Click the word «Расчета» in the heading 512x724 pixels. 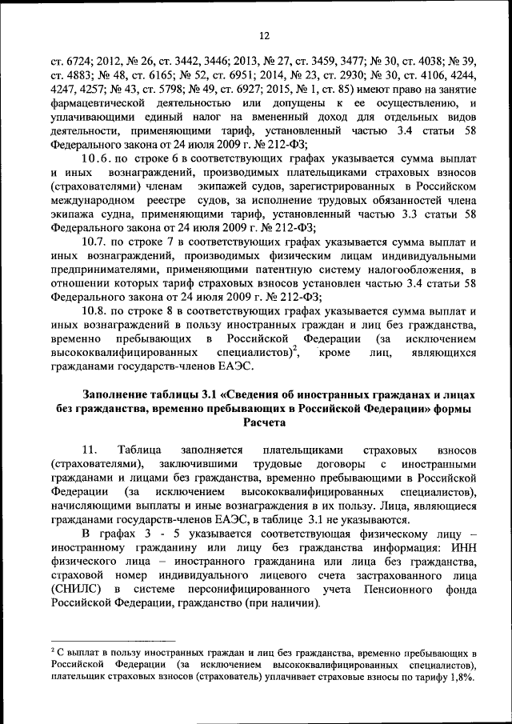coord(264,425)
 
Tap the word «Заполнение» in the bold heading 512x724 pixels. coord(118,394)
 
